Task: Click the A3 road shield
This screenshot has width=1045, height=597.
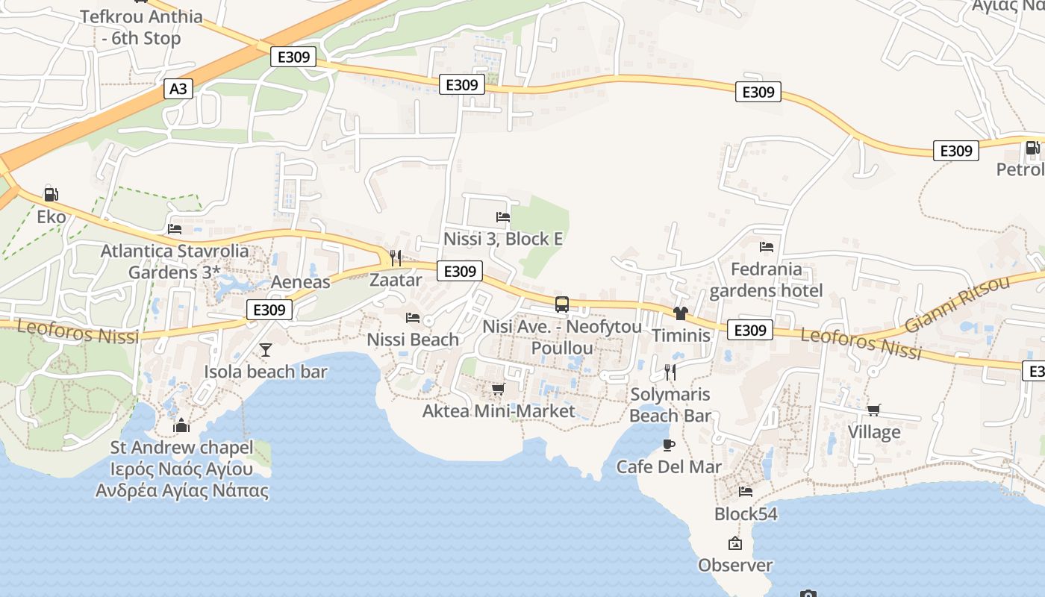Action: point(178,89)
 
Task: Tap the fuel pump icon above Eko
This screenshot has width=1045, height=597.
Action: point(51,195)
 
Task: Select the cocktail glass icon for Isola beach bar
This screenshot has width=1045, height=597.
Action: point(265,349)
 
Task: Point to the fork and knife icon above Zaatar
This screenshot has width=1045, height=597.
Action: point(396,258)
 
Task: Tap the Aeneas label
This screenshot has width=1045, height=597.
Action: point(300,282)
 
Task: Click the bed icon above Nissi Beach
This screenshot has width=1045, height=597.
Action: point(413,318)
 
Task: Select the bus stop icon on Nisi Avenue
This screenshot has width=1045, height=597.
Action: point(562,304)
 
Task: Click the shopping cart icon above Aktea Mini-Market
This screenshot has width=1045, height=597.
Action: point(498,390)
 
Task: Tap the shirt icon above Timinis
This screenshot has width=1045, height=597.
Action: point(680,313)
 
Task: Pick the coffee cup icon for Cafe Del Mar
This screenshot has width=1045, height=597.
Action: point(669,446)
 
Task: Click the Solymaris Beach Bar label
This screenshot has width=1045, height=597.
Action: point(670,404)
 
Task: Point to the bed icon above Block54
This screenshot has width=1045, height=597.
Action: point(745,492)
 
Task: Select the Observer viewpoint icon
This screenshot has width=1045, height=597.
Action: point(735,543)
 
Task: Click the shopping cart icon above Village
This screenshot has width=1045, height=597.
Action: point(873,410)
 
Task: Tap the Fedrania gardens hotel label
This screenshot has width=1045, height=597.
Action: point(766,280)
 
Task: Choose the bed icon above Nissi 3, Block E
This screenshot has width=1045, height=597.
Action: point(503,217)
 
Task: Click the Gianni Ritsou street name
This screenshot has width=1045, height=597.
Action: point(957,304)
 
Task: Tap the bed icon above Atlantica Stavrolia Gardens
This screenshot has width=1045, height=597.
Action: point(175,229)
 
